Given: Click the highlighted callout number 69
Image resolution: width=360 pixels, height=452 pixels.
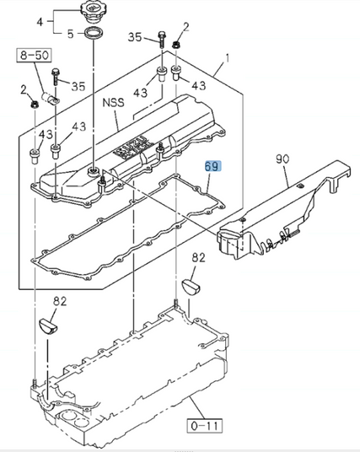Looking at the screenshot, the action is point(213,167).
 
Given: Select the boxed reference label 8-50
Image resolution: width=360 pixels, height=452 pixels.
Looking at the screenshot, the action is point(34,55).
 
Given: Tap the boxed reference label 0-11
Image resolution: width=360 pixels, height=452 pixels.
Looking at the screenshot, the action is point(205,426).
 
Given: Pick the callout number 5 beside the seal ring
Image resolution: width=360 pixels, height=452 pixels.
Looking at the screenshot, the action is point(71,34).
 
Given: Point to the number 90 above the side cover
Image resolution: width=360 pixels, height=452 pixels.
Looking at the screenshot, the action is point(282,159).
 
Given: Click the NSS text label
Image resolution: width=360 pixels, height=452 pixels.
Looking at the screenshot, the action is point(114,103).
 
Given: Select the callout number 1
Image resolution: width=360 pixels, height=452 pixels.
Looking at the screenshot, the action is point(228,58).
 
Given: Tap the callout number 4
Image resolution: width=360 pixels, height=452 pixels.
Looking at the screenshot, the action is point(40,21).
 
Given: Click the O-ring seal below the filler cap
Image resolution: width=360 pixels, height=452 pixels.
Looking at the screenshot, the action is point(92,33).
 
